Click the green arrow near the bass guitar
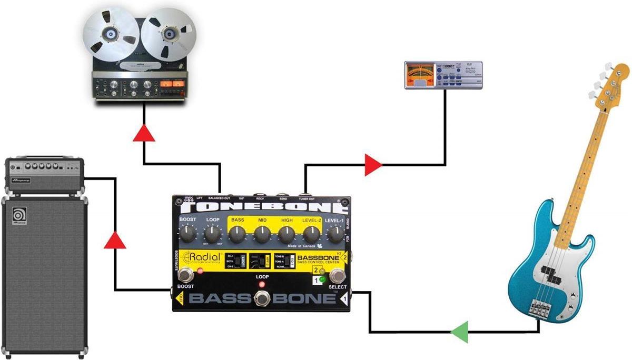[459, 332]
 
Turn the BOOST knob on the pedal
[188, 232]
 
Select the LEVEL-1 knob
[335, 232]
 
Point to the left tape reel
[111, 35]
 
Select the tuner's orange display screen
[420, 74]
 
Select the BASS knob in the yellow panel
[238, 233]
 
